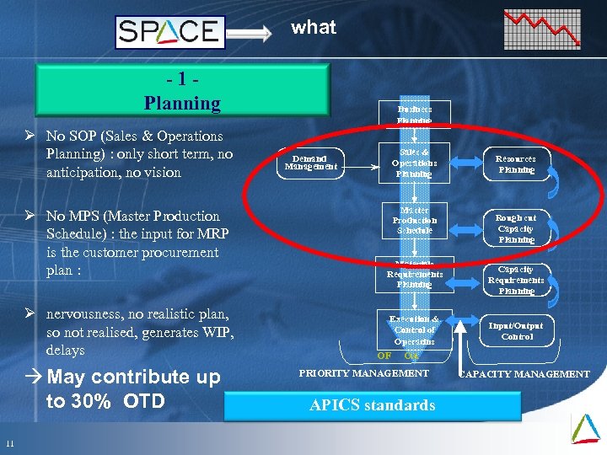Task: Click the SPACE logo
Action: pos(170,33)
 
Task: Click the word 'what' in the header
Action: pos(314,27)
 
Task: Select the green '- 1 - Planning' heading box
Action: pos(182,92)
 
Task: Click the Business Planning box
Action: pos(414,115)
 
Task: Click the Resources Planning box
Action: pos(515,163)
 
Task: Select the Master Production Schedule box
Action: pos(414,220)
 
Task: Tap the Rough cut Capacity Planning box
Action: pos(515,227)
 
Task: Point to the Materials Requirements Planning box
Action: pos(414,273)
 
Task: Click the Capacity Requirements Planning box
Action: pos(515,280)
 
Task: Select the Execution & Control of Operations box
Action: pos(414,329)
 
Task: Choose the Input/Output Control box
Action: pos(516,330)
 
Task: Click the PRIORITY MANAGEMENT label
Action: pos(364,373)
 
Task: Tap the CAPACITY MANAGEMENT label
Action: pos(524,374)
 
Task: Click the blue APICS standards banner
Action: pos(372,405)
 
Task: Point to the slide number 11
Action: pos(9,445)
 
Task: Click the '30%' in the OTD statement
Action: pos(92,401)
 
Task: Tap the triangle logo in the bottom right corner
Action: pos(585,427)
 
